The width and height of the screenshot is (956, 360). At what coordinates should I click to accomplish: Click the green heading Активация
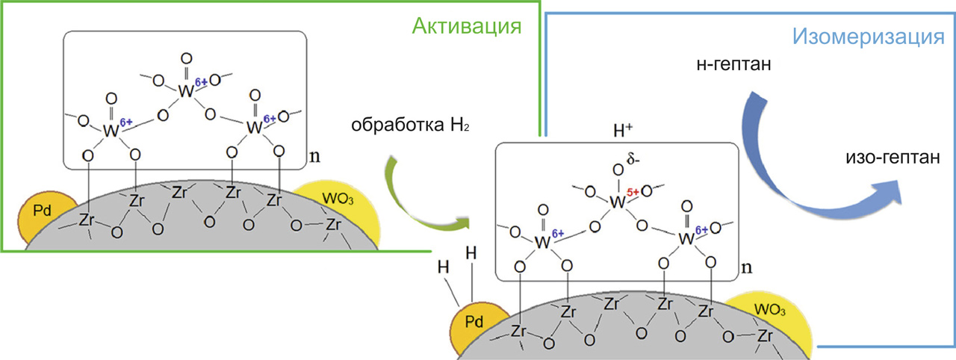coord(467,26)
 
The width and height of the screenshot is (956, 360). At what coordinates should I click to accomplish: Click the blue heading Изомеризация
coord(868,37)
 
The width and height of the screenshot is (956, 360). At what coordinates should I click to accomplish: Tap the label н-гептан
coord(733,64)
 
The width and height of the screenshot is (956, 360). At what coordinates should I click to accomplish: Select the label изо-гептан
coord(893,157)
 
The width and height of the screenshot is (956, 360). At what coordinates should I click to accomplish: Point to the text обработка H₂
coord(410,125)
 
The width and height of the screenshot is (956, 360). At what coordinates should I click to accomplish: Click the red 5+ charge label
coord(633,193)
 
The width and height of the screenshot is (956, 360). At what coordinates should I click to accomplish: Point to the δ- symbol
coord(633,160)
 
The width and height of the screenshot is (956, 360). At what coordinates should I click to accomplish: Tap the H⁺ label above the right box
coord(623,130)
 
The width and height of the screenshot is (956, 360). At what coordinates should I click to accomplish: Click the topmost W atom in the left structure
coord(186,91)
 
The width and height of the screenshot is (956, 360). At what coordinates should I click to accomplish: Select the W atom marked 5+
coord(618,202)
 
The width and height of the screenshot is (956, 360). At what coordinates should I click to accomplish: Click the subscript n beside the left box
coord(314,157)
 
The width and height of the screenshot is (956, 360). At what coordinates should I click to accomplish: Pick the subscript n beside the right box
coord(746,267)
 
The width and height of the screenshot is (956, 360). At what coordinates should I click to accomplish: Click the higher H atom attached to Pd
coord(471,253)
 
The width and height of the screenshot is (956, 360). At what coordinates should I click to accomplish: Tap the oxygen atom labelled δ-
coord(618,170)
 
